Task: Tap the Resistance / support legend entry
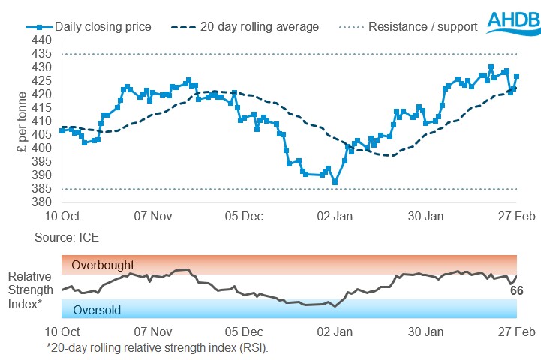(x=413, y=27)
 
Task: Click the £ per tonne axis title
(x=22, y=121)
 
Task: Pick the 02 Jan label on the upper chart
(x=335, y=216)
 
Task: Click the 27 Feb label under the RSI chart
(x=516, y=331)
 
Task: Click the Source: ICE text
(x=67, y=237)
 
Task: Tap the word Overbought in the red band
(x=104, y=265)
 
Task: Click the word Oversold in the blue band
(x=97, y=309)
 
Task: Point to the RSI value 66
(x=516, y=291)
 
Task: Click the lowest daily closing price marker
(x=335, y=182)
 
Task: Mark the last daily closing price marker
(x=516, y=76)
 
